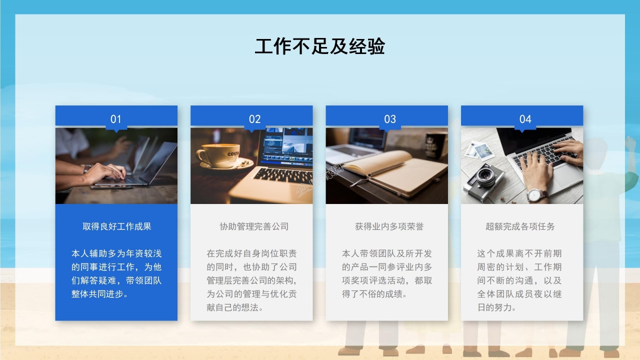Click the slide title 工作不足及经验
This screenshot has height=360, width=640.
click(x=319, y=46)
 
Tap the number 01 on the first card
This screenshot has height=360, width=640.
click(x=116, y=119)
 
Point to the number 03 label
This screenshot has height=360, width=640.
click(x=390, y=119)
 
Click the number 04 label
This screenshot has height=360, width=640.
click(x=525, y=119)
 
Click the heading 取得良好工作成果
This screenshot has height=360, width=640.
click(x=116, y=226)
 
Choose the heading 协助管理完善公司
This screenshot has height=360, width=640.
click(x=254, y=226)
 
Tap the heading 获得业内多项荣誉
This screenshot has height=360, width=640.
click(x=389, y=226)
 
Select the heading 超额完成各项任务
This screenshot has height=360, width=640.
click(x=520, y=226)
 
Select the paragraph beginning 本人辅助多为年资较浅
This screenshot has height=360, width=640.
click(x=116, y=273)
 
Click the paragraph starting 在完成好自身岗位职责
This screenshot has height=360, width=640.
click(x=251, y=280)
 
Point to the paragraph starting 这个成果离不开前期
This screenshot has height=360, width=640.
click(x=519, y=280)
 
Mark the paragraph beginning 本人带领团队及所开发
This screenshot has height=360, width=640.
click(x=386, y=273)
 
